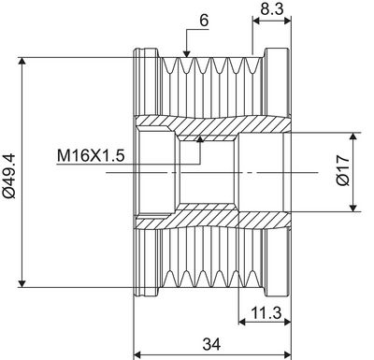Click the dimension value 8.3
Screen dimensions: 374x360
272,9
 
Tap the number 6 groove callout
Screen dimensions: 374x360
204,21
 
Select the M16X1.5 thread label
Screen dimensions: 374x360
91,156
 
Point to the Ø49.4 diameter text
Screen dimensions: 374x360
8,172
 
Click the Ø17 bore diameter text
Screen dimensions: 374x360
343,170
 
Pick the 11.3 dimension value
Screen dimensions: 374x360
266,312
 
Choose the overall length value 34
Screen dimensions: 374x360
211,344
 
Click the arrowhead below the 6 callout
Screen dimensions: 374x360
187,54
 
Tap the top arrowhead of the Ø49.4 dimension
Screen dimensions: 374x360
22,61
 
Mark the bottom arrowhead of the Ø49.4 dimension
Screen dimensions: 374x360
22,283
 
